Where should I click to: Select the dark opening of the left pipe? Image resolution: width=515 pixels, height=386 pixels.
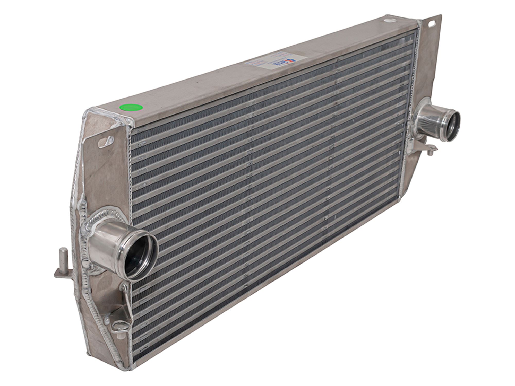coord(139,255)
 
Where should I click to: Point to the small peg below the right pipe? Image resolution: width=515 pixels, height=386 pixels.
coord(430,152)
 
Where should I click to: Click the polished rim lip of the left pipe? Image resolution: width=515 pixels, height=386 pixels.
coord(152,239)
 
